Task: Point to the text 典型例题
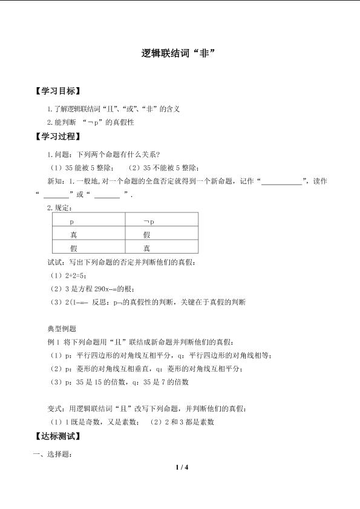pos(62,328)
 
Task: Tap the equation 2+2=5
pos(71,275)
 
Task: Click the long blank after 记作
pos(281,181)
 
